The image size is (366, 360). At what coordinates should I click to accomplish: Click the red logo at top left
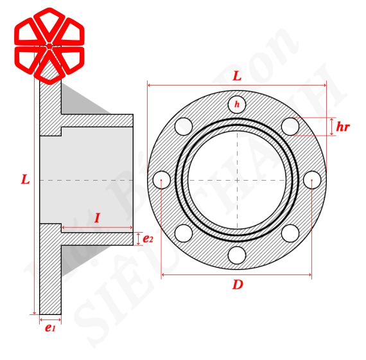pos(48,45)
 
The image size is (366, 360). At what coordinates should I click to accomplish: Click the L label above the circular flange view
pos(237,76)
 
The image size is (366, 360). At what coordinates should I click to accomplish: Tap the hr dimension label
pos(343,127)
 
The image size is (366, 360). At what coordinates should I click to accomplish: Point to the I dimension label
pos(97,218)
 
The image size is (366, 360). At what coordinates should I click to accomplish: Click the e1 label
pos(50,328)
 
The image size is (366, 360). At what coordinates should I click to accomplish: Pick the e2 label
pos(148,239)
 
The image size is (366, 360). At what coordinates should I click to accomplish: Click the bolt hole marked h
pos(237,104)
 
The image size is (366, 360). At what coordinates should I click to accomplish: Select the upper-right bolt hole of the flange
pos(290,125)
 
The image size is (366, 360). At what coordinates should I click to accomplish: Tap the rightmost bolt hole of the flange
pos(312,179)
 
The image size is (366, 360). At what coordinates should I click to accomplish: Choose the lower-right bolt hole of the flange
pos(290,233)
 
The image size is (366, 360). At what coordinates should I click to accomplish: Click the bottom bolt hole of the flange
pos(237,255)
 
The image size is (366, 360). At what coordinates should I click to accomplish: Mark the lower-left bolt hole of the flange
pos(184,233)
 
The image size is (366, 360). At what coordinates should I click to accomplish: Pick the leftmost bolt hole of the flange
pos(162,179)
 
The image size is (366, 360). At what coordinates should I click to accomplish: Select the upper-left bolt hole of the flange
pos(184,125)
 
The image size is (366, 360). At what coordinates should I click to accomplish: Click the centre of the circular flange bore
pos(237,179)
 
